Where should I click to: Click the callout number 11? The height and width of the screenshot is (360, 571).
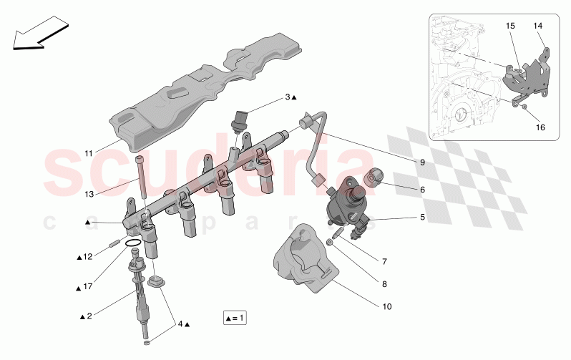tap(88, 153)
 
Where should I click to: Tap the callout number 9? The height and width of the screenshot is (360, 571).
tap(422, 162)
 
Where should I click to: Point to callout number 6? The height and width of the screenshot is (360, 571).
tap(422, 190)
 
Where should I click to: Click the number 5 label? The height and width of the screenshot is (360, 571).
tap(422, 216)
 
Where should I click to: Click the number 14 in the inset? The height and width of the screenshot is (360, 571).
tap(537, 26)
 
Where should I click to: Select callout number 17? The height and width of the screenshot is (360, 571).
tap(88, 288)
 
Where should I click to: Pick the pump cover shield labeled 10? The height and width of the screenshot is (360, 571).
tap(304, 258)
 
